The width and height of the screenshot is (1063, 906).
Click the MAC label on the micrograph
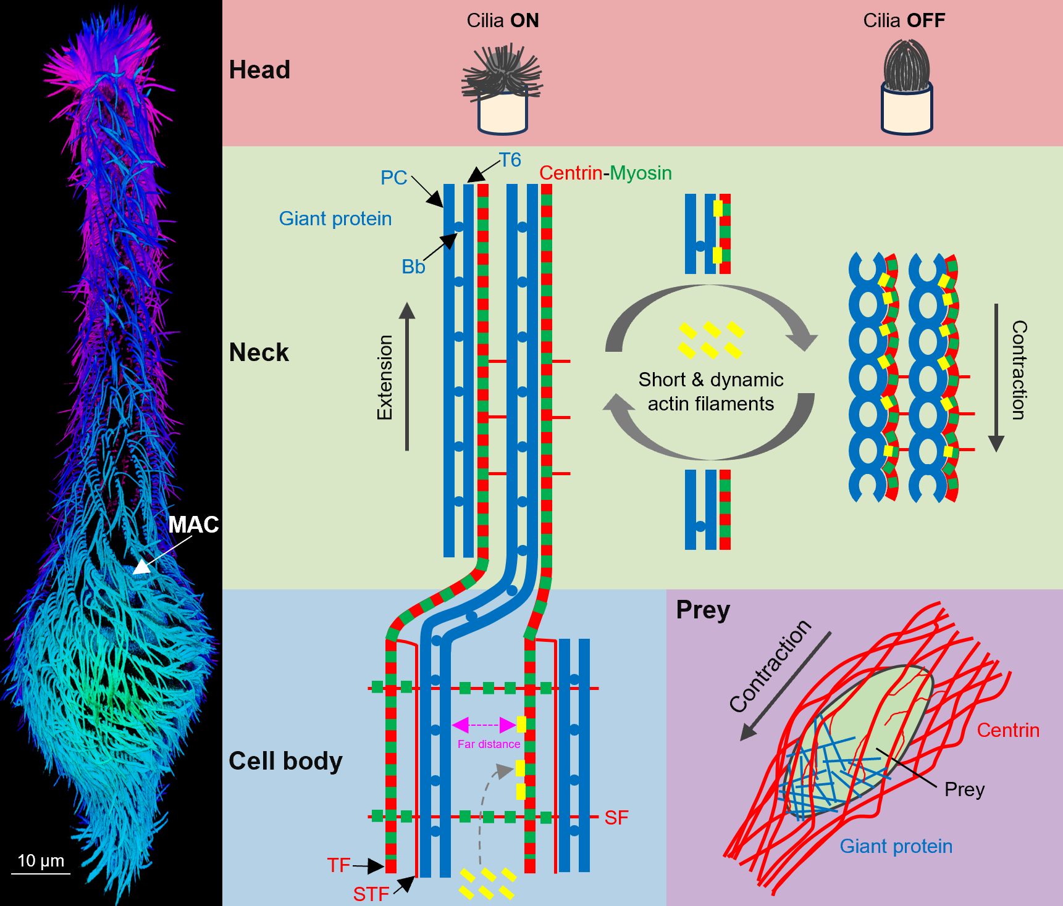tap(193, 525)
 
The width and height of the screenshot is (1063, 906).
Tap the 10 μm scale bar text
tap(41, 861)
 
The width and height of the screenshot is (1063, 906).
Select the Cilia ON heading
tap(502, 20)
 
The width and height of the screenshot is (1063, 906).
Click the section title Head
tap(259, 70)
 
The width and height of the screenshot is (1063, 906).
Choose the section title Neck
tap(259, 352)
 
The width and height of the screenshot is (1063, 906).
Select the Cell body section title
tap(285, 761)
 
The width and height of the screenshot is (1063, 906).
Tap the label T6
tap(510, 160)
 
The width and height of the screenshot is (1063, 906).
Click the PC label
tap(393, 178)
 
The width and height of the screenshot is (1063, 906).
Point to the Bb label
tap(413, 267)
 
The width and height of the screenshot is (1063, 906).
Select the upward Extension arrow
tap(406, 376)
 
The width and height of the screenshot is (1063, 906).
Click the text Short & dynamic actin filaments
tap(711, 391)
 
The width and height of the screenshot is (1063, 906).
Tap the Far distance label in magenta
tap(489, 744)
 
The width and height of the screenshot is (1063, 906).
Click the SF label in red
tap(616, 818)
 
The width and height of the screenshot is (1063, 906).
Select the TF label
tap(338, 865)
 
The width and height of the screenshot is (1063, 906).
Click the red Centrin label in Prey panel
tap(1008, 730)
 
